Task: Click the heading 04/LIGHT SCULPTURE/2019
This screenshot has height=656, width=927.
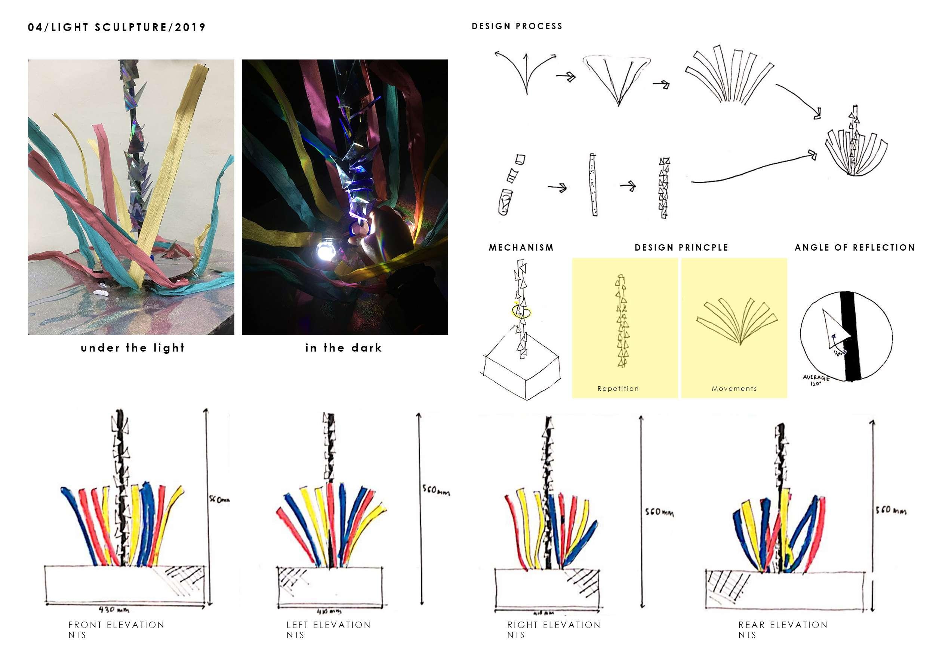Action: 117,27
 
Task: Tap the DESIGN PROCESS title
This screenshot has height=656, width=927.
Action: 517,26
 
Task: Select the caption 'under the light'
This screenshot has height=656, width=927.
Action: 132,348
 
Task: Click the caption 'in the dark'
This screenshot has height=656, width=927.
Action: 344,348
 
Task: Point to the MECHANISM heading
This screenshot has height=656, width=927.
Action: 521,248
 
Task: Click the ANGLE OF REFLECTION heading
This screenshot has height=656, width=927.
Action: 855,248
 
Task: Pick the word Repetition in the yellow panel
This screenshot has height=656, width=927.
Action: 618,389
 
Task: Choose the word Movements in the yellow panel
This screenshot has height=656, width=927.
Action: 734,389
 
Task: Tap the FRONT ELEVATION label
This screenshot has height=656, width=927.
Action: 116,625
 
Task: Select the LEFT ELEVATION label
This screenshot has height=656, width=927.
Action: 329,625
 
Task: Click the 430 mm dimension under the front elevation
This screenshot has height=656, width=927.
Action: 114,610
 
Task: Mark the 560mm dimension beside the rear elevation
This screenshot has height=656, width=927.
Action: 891,510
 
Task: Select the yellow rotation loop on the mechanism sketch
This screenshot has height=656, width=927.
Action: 521,312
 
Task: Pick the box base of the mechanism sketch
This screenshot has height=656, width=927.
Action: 521,374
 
